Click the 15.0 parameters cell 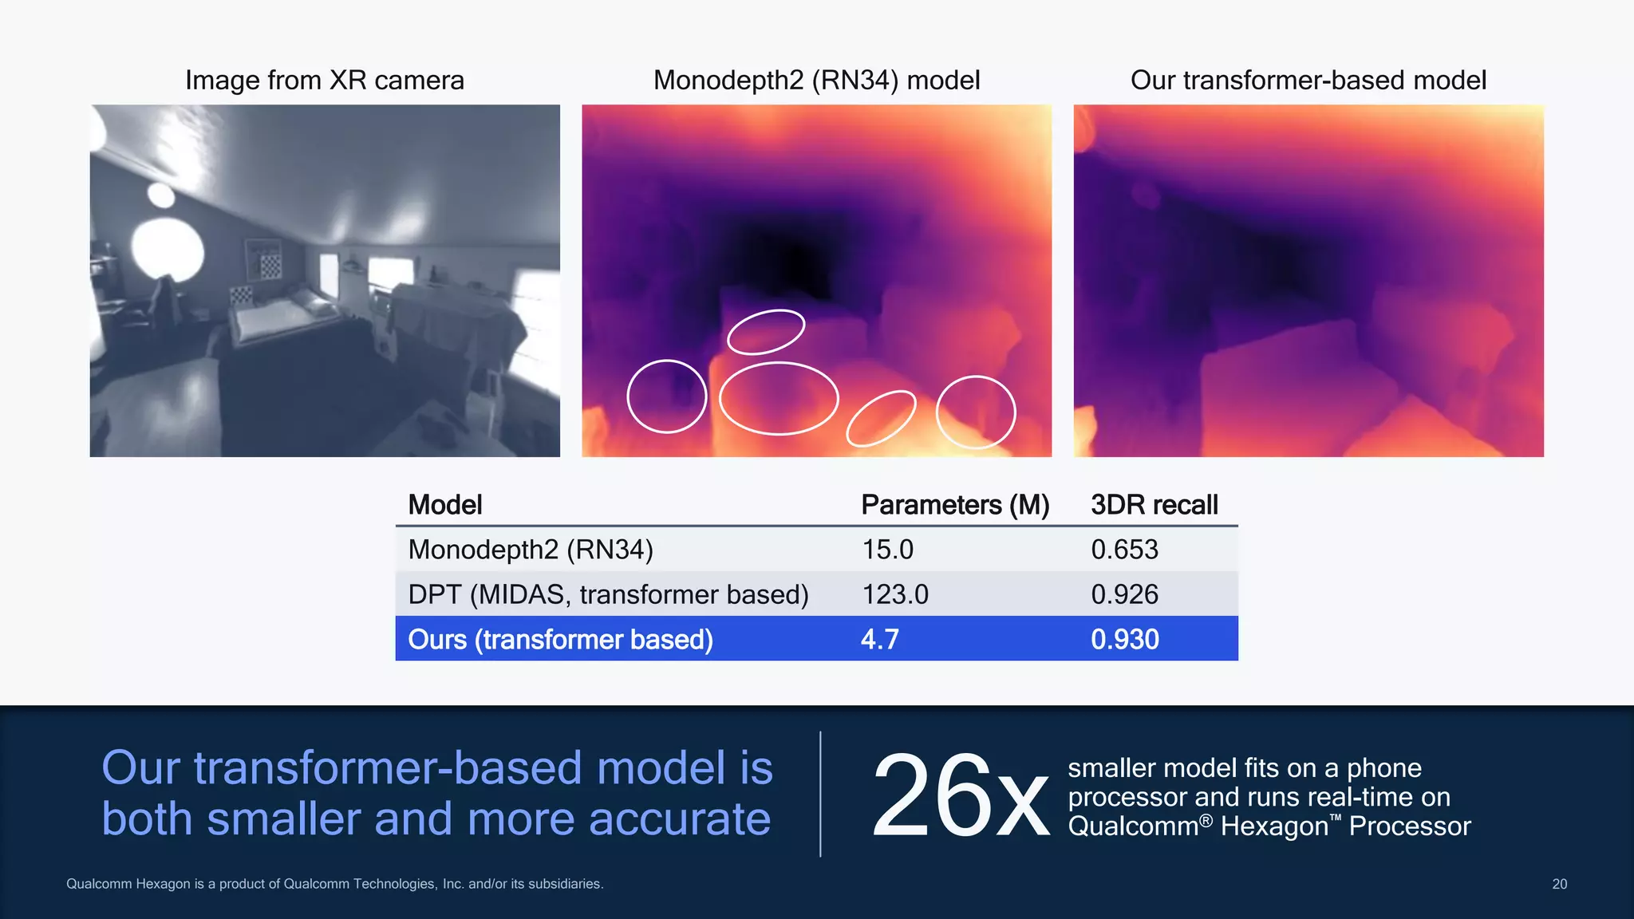[887, 550]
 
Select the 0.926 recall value [1124, 594]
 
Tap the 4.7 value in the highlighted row [879, 639]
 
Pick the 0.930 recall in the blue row [1124, 639]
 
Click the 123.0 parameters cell [894, 594]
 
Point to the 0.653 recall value [1124, 550]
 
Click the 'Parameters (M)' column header [955, 505]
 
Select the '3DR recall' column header [1154, 505]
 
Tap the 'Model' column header [444, 505]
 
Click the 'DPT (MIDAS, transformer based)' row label [608, 594]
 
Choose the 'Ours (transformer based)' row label [560, 639]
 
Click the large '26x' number [960, 796]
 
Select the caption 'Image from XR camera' [325, 80]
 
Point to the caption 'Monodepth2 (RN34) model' [816, 80]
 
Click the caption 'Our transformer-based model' [1308, 80]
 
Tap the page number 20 [1559, 884]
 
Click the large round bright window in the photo [167, 249]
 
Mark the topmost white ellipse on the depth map [766, 332]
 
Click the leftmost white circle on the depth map [666, 396]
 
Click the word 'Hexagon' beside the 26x [1273, 826]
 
